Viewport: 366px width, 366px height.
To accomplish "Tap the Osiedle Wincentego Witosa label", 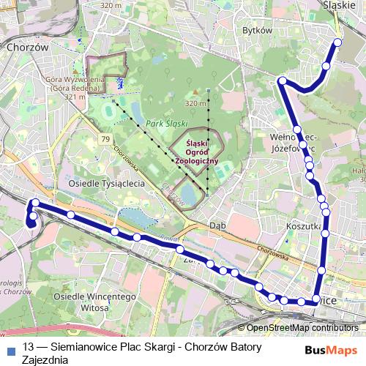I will click(85, 303).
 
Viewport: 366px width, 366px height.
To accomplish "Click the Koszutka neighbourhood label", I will click(305, 227).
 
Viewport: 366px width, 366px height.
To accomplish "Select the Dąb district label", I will click(217, 225).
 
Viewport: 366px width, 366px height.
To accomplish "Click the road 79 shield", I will click(106, 139).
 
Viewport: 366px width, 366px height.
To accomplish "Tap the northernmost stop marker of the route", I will click(338, 42).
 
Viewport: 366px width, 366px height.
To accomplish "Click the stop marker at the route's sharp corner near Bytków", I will click(282, 81).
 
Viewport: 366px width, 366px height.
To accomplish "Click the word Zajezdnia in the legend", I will click(45, 359).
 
